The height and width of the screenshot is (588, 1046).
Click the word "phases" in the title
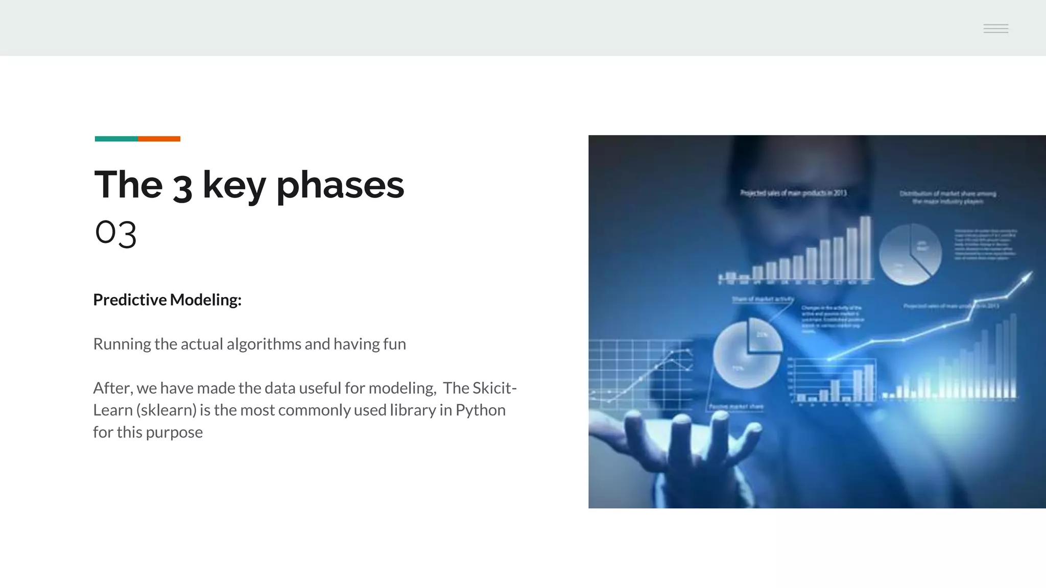[x=340, y=185]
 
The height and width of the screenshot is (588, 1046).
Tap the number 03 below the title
[x=115, y=233]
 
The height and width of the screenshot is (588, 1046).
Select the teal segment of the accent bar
[x=116, y=139]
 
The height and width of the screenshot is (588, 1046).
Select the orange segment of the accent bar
[x=159, y=139]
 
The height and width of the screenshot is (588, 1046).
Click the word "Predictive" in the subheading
[x=130, y=300]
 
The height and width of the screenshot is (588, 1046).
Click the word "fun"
[x=394, y=344]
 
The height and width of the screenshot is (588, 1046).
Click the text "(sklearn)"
[x=167, y=410]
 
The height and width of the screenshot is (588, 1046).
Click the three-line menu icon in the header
[x=995, y=29]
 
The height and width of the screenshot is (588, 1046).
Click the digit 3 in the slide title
[x=182, y=187]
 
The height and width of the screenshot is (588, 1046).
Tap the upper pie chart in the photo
[x=910, y=254]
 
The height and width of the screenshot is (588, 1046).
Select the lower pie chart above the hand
[x=747, y=353]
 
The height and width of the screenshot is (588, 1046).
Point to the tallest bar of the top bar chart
[x=865, y=248]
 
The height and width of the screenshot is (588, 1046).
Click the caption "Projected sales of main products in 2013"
[x=793, y=193]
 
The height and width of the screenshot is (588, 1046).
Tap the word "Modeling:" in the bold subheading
[x=205, y=300]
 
